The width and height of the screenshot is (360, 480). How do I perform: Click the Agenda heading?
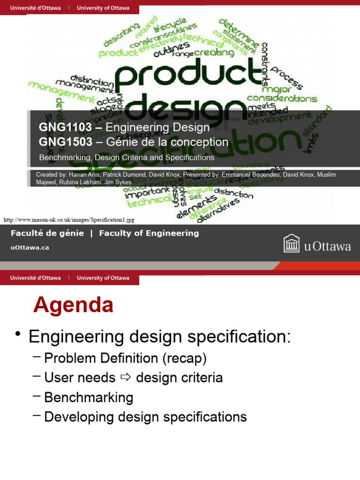pyautogui.click(x=73, y=306)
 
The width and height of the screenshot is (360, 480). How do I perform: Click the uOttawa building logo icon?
pyautogui.click(x=292, y=244)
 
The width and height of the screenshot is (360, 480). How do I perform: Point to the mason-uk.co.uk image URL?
pyautogui.click(x=65, y=219)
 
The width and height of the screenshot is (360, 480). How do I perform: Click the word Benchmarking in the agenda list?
pyautogui.click(x=89, y=397)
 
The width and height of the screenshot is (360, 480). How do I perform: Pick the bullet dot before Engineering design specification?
pyautogui.click(x=18, y=334)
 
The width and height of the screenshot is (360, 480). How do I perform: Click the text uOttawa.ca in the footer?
pyautogui.click(x=30, y=248)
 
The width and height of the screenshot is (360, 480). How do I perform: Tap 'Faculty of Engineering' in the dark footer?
pyautogui.click(x=149, y=233)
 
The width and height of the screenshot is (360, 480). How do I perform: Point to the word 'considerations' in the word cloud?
pyautogui.click(x=282, y=98)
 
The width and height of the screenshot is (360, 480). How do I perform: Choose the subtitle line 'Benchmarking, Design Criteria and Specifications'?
pyautogui.click(x=126, y=157)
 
